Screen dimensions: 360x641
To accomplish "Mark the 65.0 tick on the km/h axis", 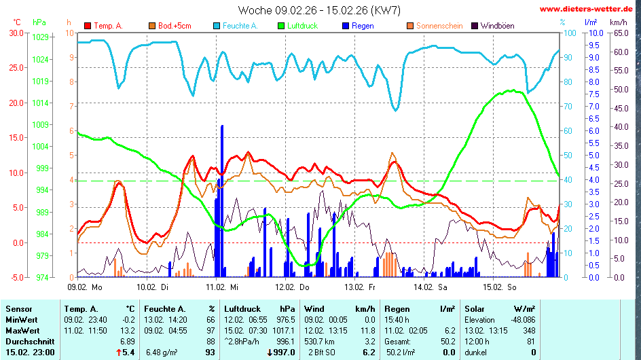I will (621, 33).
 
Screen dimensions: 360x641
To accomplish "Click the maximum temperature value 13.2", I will (128, 330).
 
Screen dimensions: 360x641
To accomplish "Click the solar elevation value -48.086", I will (520, 319).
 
